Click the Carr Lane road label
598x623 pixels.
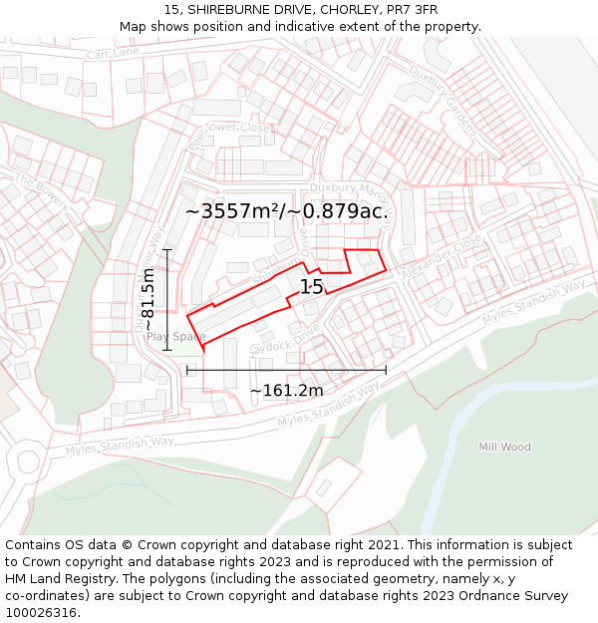(x=114, y=52)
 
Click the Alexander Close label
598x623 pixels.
(x=440, y=257)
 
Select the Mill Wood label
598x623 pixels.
(x=504, y=448)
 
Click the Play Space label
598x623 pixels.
(x=175, y=337)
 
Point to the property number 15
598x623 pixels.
(x=312, y=287)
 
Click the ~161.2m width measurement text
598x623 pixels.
(x=286, y=391)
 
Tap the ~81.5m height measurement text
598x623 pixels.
(x=149, y=300)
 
